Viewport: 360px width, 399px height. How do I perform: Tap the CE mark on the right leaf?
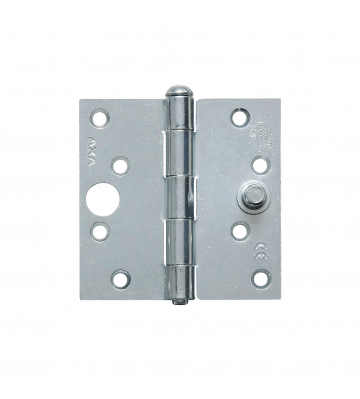pos(259,253)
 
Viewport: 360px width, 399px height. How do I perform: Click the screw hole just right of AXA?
pos(122,164)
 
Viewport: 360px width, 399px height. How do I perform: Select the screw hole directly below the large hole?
pos(99,232)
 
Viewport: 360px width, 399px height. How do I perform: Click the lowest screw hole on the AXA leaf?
pos(121,277)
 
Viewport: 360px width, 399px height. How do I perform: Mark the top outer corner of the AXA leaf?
pos(79,99)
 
